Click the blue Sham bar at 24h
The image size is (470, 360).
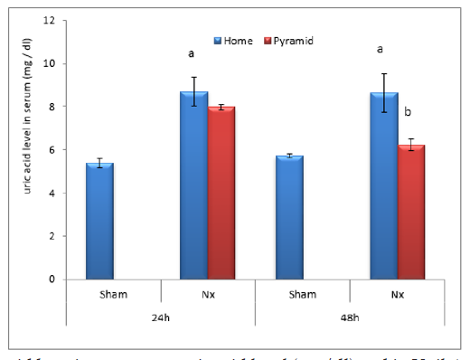coord(99,222)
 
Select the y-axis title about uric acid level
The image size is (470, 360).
coord(29,150)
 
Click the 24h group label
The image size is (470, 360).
coord(161,318)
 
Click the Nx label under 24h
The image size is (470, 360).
coord(208,294)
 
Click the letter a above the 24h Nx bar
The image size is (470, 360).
coord(191,54)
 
